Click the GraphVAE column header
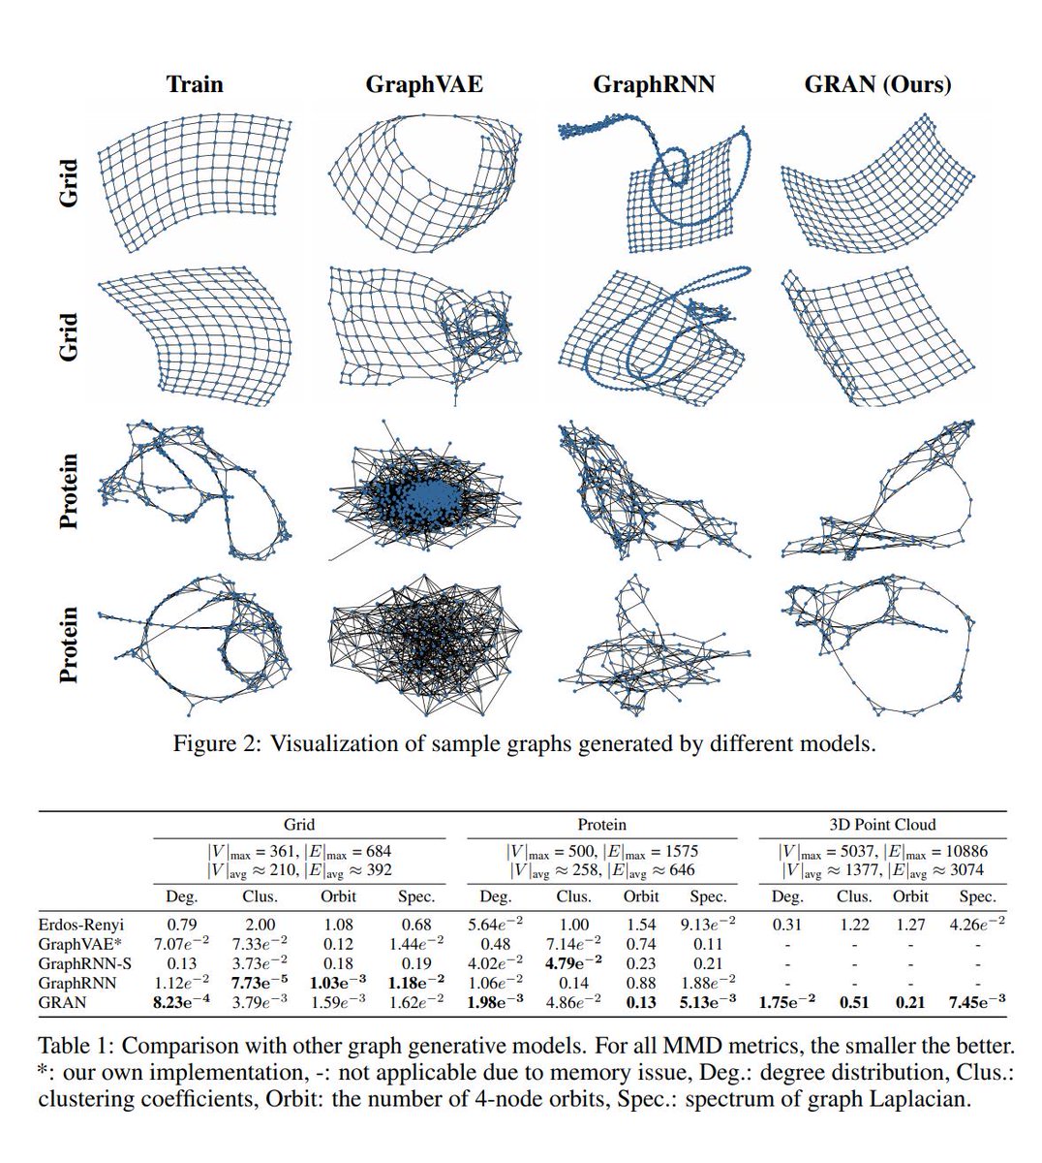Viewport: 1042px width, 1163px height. pyautogui.click(x=423, y=84)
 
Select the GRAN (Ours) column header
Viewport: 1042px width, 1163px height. pyautogui.click(x=877, y=84)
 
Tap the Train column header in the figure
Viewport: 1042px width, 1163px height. pyautogui.click(x=194, y=84)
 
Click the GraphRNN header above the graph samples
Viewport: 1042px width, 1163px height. pyautogui.click(x=654, y=84)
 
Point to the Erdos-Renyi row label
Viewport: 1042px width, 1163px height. pyautogui.click(x=81, y=924)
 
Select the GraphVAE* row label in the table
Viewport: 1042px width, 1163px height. pyautogui.click(x=82, y=943)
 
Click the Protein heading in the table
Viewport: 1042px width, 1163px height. pyautogui.click(x=601, y=825)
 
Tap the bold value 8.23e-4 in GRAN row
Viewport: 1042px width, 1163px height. pyautogui.click(x=182, y=1002)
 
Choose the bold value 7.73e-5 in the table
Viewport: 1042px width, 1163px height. pyautogui.click(x=260, y=983)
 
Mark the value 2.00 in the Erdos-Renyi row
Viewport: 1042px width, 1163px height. pyautogui.click(x=260, y=924)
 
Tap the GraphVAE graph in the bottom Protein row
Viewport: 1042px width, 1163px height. pyautogui.click(x=423, y=646)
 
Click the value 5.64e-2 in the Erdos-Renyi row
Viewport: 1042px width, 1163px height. pyautogui.click(x=496, y=924)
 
